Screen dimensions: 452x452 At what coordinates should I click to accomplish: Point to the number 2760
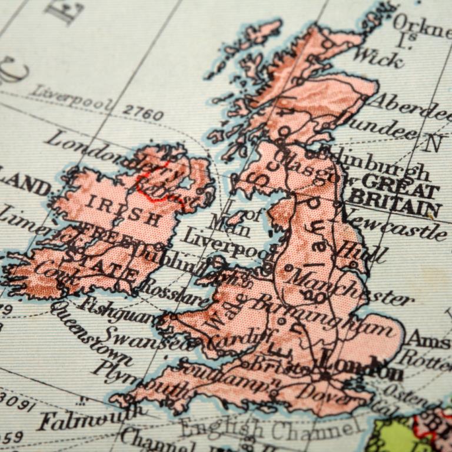pyautogui.click(x=142, y=112)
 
